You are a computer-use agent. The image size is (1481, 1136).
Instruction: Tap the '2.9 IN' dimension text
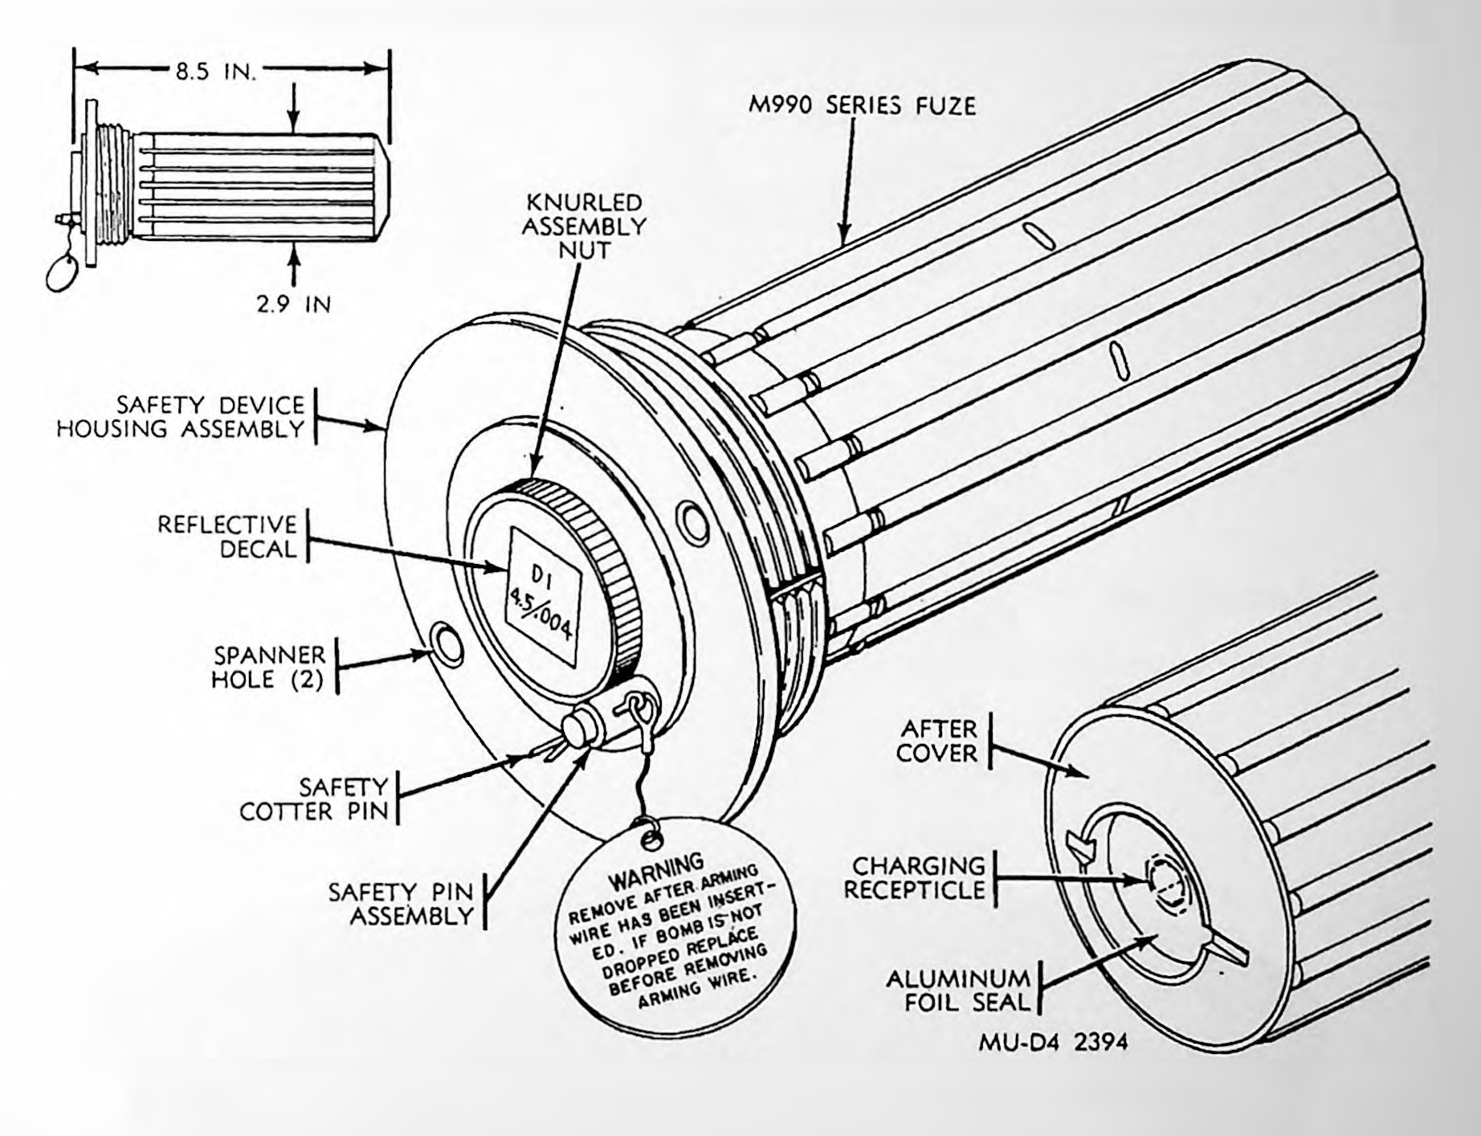click(x=294, y=304)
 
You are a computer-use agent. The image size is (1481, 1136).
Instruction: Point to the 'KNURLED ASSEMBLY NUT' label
click(x=584, y=226)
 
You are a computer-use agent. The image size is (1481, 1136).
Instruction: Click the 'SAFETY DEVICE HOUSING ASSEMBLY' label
click(x=181, y=416)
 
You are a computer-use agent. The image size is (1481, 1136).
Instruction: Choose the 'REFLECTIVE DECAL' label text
click(x=227, y=537)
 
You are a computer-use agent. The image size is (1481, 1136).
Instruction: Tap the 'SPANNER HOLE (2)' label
click(x=268, y=667)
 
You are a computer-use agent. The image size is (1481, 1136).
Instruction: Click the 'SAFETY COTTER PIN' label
click(x=314, y=799)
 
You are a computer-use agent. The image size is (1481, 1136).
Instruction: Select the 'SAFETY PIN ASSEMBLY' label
click(x=401, y=904)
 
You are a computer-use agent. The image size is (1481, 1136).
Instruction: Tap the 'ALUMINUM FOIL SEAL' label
click(x=957, y=990)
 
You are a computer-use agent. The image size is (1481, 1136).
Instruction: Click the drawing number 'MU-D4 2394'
click(x=1053, y=1042)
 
